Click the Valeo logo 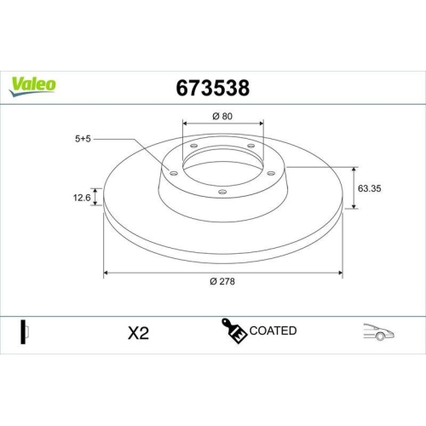tap(33, 84)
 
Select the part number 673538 tap(211, 88)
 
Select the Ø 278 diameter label tap(223, 283)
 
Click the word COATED tap(273, 331)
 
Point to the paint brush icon tap(233, 331)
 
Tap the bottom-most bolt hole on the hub tap(222, 192)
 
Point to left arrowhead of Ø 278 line tap(106, 273)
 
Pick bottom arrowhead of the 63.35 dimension tap(354, 207)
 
